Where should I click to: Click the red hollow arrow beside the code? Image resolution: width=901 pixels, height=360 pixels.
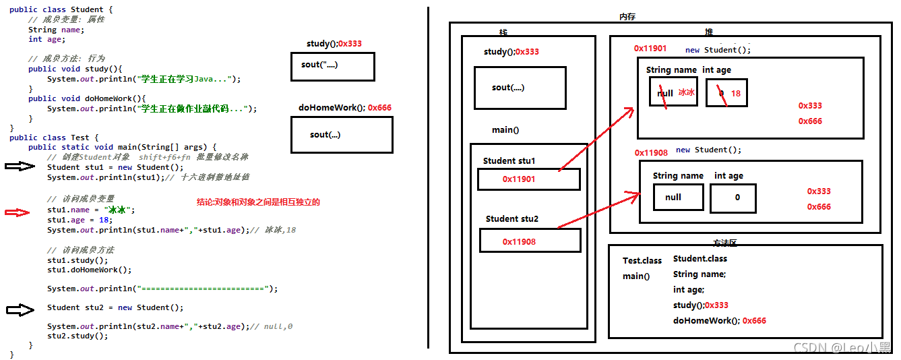[x=18, y=213]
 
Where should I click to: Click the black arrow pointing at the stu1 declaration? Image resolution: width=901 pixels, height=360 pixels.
[x=20, y=167]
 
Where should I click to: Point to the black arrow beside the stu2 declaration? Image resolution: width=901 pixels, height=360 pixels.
[x=20, y=309]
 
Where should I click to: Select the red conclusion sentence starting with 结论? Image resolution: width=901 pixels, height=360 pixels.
[x=258, y=202]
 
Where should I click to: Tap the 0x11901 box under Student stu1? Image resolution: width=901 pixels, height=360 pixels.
[x=528, y=179]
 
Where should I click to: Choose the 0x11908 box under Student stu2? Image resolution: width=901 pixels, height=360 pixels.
[x=530, y=241]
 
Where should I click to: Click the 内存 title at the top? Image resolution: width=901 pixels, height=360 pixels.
[x=627, y=17]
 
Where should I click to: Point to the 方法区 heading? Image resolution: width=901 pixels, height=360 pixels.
[x=725, y=243]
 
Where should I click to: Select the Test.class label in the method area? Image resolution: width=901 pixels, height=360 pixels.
[x=642, y=260]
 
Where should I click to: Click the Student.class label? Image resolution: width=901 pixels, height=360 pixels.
[x=700, y=258]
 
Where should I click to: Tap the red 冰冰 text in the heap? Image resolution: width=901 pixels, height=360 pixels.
[x=686, y=93]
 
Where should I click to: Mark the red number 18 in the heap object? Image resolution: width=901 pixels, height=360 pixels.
[x=735, y=94]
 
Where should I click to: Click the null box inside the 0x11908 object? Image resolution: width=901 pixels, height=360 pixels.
[x=678, y=198]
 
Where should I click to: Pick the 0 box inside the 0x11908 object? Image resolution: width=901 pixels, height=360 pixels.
[x=733, y=198]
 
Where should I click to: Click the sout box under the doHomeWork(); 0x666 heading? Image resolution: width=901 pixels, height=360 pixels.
[x=342, y=135]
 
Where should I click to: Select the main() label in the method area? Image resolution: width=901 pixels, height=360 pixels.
[x=636, y=276]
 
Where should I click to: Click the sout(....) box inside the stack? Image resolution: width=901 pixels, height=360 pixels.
[x=520, y=88]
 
